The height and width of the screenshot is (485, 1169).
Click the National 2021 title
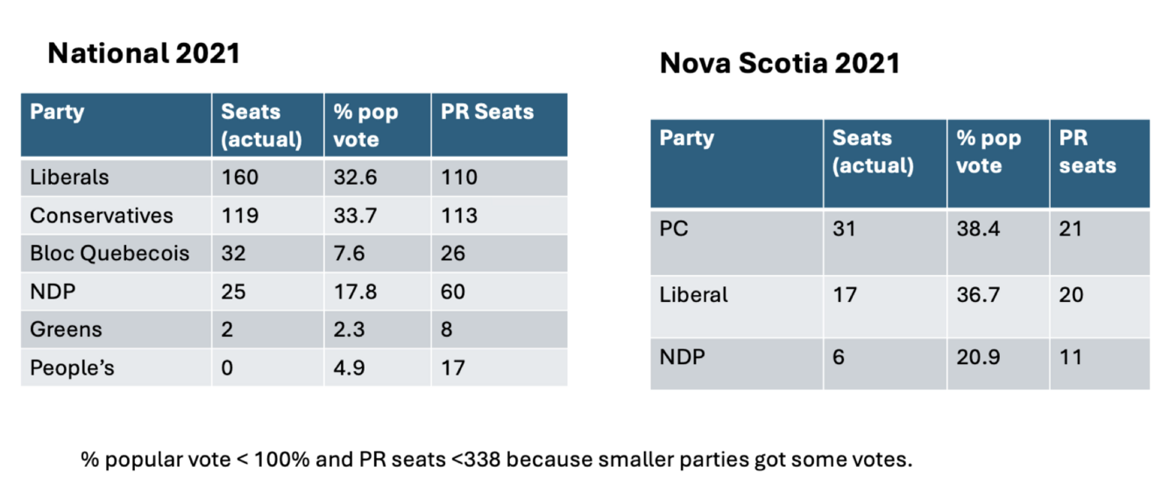click(x=144, y=53)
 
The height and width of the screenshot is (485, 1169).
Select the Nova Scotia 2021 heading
click(x=780, y=63)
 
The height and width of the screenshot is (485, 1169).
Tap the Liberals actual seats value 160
click(x=239, y=178)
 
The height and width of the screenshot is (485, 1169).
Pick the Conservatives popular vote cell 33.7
click(x=355, y=215)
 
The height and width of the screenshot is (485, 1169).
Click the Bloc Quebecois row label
click(x=110, y=254)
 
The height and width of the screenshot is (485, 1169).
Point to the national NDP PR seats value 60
click(x=452, y=292)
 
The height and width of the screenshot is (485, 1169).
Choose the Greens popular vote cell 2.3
click(x=349, y=329)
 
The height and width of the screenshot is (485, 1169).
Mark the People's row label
click(x=72, y=368)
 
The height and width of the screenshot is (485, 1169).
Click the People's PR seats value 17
click(x=452, y=368)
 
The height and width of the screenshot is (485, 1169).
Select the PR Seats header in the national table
click(x=487, y=111)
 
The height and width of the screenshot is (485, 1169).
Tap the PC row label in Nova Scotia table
click(x=674, y=228)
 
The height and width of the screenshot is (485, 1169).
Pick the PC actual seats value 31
click(x=844, y=228)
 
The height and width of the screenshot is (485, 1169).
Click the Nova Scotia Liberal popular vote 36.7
click(x=978, y=295)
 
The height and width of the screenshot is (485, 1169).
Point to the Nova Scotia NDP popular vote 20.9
click(x=978, y=357)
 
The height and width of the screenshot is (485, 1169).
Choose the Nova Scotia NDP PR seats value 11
click(x=1070, y=357)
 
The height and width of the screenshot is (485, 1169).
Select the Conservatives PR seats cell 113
click(x=459, y=215)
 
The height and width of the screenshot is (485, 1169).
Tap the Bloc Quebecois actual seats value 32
click(x=233, y=254)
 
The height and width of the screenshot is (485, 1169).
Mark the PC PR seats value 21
click(x=1070, y=228)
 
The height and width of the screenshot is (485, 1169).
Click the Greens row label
click(x=66, y=329)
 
